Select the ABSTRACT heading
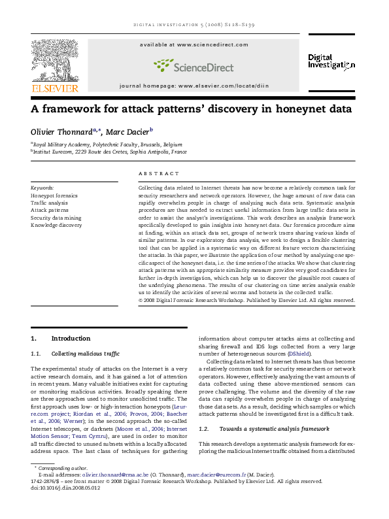(158, 173)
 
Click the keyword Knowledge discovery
(56, 225)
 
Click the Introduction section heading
(71, 338)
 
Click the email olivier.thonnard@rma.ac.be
(126, 493)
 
